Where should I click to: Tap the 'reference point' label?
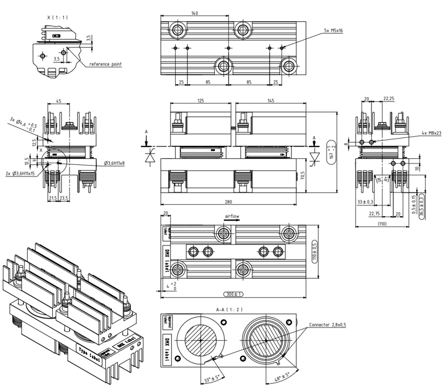(x=106, y=64)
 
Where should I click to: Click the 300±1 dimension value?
(x=230, y=293)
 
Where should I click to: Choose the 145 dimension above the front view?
(x=270, y=101)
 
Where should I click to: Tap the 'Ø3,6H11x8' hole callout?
(x=114, y=163)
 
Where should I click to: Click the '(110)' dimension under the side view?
(x=382, y=223)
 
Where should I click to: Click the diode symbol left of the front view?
(x=149, y=158)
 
